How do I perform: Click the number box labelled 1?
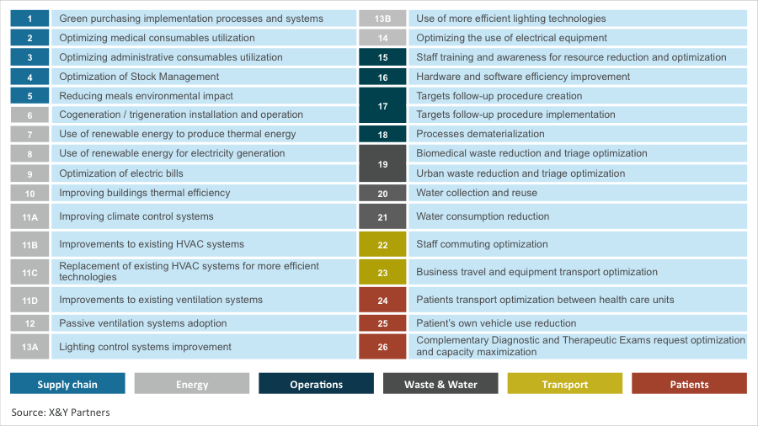pos(30,18)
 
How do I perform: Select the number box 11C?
pos(30,272)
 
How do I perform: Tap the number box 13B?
pos(382,18)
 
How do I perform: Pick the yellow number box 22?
pos(382,244)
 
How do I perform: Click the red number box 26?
pos(382,346)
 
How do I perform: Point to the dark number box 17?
pos(382,105)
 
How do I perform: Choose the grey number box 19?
pos(382,163)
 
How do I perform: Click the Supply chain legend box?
pos(67,384)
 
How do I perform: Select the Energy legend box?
pos(192,384)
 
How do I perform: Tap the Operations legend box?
pos(316,384)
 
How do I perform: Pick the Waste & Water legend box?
pos(440,384)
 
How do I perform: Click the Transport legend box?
pos(564,384)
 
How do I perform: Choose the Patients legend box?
pos(689,384)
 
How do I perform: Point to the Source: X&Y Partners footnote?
pos(61,413)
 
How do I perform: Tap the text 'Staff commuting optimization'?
pos(482,244)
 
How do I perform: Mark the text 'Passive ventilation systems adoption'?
pos(143,323)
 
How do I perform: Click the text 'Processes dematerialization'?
pos(480,134)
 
